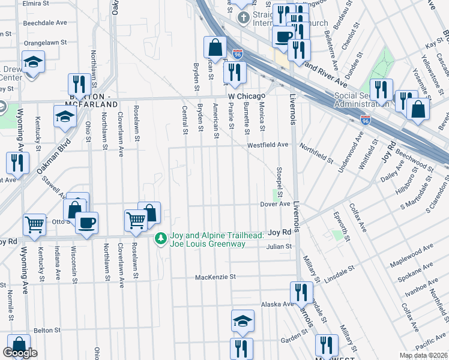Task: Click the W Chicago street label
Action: [x=246, y=96]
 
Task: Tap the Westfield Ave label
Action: [x=268, y=145]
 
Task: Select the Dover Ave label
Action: [x=276, y=204]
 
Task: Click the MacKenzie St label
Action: [x=216, y=277]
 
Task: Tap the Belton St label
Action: [x=44, y=330]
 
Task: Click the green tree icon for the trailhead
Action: [x=160, y=239]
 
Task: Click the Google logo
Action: [x=20, y=353]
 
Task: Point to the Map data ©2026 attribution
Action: [x=423, y=355]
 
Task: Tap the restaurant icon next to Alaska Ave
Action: [x=300, y=293]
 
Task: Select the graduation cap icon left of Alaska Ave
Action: [x=243, y=320]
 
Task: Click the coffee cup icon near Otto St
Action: [x=88, y=223]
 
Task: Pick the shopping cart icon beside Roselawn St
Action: [x=136, y=221]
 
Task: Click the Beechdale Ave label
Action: [x=45, y=23]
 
